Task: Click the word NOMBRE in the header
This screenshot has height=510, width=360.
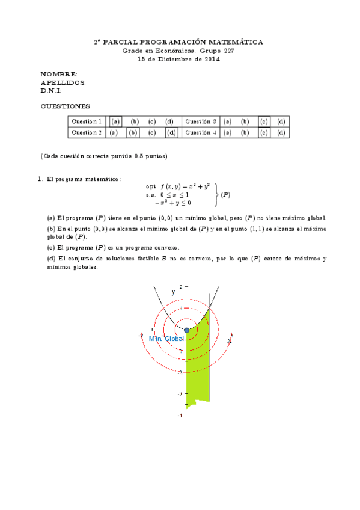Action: coord(58,73)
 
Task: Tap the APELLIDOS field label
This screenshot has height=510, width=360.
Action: coord(63,82)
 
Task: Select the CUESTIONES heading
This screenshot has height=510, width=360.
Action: coord(65,106)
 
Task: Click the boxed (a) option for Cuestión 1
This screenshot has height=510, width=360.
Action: coord(116,121)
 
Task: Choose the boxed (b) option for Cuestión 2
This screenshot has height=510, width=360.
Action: coord(133,132)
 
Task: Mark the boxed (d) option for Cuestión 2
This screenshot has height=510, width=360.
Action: coord(171,132)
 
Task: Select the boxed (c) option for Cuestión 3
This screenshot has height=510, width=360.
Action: coord(263,121)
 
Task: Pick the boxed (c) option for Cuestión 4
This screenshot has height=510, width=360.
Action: coord(263,132)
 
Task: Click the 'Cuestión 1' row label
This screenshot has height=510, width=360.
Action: coord(87,121)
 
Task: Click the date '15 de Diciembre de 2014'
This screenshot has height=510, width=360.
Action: coord(178,59)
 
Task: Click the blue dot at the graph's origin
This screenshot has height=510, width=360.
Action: coord(187,331)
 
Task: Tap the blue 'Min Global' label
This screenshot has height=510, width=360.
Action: coord(166,339)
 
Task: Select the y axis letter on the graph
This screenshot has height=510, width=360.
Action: coord(173,292)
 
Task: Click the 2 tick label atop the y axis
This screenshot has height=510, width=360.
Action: coord(181,287)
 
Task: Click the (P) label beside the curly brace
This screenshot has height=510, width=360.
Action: coord(225,195)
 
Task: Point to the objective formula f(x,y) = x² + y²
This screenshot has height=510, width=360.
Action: coord(185,186)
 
